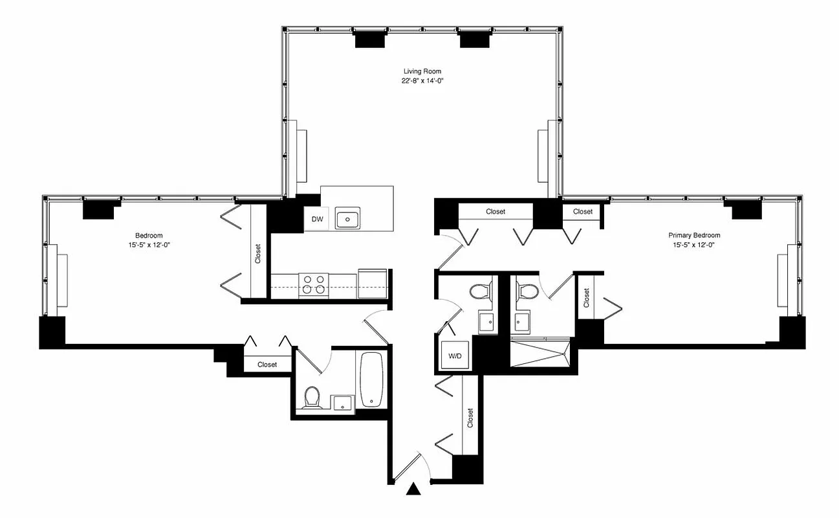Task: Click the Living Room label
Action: pyautogui.click(x=422, y=71)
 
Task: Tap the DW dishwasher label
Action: pyautogui.click(x=317, y=220)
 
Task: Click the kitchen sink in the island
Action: pyautogui.click(x=348, y=220)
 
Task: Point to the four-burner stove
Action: pyautogui.click(x=314, y=286)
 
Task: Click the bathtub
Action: pyautogui.click(x=371, y=379)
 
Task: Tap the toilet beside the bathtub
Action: pyautogui.click(x=312, y=397)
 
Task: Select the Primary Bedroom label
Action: pyautogui.click(x=694, y=235)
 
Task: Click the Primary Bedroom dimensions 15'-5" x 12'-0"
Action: pyautogui.click(x=694, y=245)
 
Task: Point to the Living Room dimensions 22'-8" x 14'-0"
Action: pyautogui.click(x=422, y=81)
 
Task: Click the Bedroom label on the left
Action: pyautogui.click(x=149, y=235)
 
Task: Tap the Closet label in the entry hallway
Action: pyautogui.click(x=470, y=418)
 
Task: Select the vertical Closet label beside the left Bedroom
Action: pyautogui.click(x=257, y=253)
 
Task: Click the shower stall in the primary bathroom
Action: pyautogui.click(x=541, y=354)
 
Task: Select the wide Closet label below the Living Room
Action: pyautogui.click(x=496, y=212)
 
